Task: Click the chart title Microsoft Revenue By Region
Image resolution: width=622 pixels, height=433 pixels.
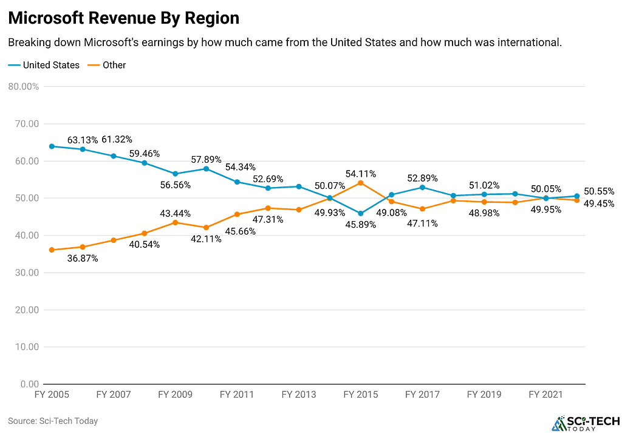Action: point(124,18)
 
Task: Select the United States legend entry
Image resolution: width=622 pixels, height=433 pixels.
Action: point(44,65)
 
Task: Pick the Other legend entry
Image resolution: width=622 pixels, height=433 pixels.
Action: point(107,65)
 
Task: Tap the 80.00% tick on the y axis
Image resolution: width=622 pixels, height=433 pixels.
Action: point(24,86)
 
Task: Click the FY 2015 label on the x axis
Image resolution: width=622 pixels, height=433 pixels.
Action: point(361,395)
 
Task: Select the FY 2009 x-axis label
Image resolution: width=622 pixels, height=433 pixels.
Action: point(176,395)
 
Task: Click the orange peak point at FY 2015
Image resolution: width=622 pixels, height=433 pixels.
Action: point(361,183)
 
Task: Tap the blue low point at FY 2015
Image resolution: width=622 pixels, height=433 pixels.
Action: point(361,213)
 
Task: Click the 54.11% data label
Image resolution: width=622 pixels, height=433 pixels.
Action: point(361,174)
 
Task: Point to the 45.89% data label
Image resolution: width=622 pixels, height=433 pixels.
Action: point(361,225)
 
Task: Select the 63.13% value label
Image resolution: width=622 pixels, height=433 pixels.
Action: point(83,140)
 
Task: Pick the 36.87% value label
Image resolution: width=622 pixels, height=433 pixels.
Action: point(83,259)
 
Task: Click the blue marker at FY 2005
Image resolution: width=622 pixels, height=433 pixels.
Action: point(52,146)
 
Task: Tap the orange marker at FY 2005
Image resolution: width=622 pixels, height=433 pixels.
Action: point(52,250)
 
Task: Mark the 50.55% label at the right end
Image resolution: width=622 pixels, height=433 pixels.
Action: point(599,191)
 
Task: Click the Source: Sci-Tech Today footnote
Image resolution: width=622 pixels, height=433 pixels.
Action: point(53,421)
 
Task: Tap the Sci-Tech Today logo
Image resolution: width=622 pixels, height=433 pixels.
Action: point(586,423)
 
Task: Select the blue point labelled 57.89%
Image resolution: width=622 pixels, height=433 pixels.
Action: point(207,169)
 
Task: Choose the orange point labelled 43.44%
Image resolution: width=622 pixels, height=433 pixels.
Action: point(176,222)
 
